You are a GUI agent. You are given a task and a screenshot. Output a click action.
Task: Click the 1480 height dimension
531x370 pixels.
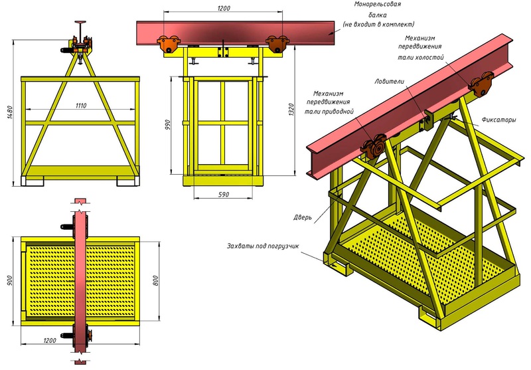point(10,112)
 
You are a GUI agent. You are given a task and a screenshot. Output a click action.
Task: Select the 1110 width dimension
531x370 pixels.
point(81,106)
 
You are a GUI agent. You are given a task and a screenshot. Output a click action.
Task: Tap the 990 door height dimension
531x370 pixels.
point(168,125)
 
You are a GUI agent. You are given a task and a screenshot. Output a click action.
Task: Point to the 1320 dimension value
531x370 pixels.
point(291,110)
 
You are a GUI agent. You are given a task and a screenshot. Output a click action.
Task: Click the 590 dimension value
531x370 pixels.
point(224,195)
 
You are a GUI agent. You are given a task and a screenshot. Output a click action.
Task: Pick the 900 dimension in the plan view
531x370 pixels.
point(9,281)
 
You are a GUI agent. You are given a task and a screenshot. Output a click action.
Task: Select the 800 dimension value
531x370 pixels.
point(155,280)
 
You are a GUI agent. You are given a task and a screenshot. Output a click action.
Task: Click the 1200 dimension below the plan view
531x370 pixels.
point(50,340)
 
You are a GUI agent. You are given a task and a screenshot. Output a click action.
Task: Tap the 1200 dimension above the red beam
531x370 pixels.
point(224,8)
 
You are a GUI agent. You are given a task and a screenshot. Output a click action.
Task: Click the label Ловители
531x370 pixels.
point(389,81)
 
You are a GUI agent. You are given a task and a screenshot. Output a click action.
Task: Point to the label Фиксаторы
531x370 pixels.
point(499,120)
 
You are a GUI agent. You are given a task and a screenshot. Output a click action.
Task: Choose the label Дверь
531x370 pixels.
point(303,217)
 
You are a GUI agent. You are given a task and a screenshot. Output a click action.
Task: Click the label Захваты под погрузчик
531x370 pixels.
point(263,246)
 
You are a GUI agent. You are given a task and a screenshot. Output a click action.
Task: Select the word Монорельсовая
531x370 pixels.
point(378,5)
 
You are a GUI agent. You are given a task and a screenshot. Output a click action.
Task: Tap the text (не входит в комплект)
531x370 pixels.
point(378,24)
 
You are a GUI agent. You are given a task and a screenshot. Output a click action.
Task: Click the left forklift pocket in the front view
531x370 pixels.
point(33,181)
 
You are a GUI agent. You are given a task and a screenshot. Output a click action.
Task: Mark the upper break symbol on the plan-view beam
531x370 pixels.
point(80,203)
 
